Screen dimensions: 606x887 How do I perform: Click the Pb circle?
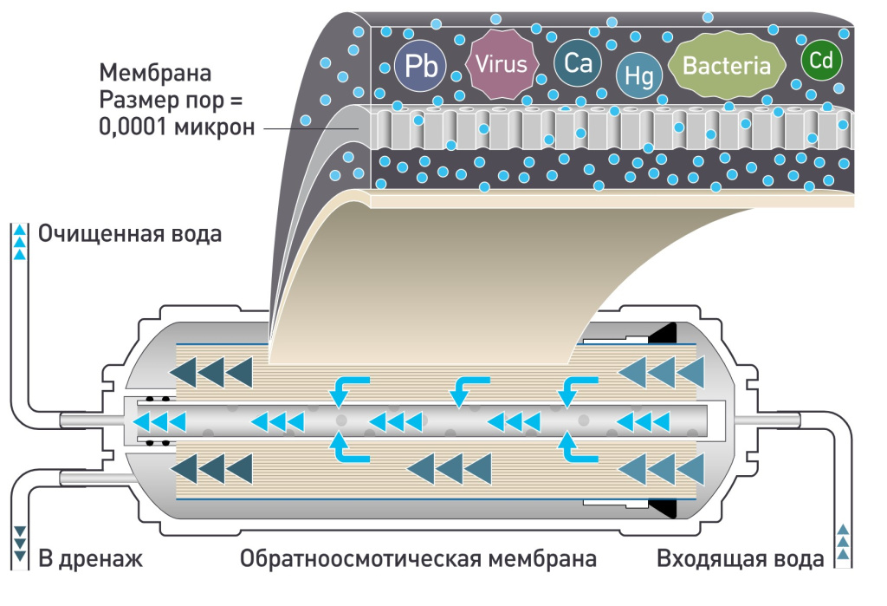(420, 66)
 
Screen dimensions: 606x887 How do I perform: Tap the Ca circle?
(577, 62)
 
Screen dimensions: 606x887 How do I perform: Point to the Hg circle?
(639, 76)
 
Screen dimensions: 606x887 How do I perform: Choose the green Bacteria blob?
(727, 65)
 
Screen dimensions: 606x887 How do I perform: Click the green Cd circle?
(821, 61)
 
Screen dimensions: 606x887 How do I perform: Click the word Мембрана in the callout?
(155, 71)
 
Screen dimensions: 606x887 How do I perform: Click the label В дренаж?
(90, 558)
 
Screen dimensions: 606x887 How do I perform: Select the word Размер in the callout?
(135, 99)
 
